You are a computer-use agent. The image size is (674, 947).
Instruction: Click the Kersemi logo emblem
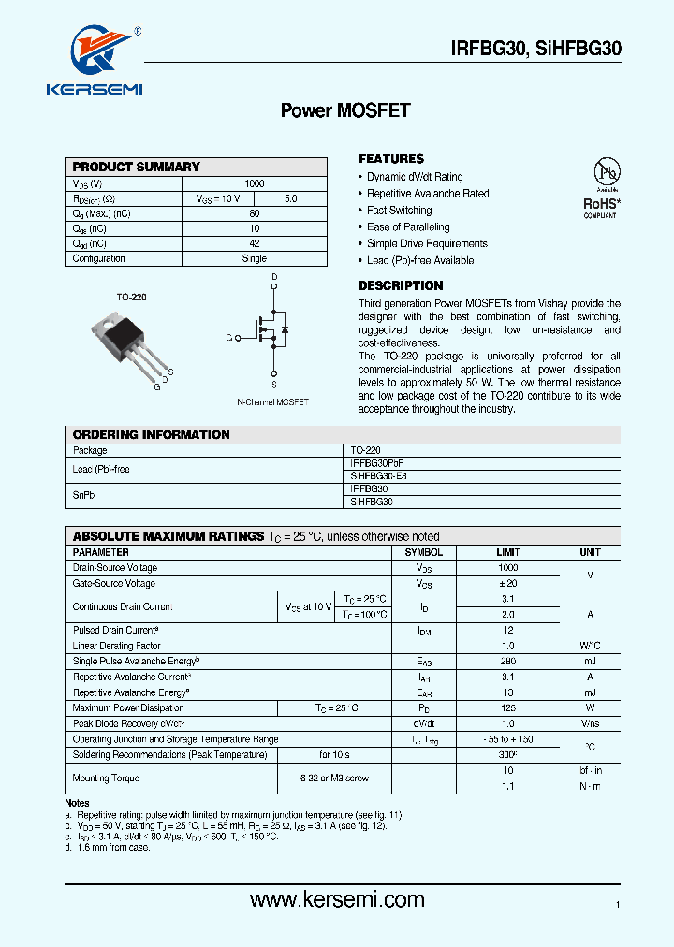coord(95,51)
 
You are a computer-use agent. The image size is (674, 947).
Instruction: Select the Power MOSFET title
coord(345,110)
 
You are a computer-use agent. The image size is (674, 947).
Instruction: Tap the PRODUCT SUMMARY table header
coord(137,167)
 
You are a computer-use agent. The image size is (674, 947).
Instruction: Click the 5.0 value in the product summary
coord(290,199)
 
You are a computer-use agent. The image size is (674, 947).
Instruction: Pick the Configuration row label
coord(98,259)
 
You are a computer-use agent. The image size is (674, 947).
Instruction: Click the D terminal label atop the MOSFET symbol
coord(274,278)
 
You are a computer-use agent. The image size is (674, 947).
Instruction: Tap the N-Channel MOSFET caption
coord(272,401)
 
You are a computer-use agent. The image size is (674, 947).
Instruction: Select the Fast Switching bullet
coord(399,211)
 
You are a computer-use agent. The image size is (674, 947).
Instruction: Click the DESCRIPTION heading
coord(401,285)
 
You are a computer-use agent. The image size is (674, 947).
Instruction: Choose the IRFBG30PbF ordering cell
coord(377,463)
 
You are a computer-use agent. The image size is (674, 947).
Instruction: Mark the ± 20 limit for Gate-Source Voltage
coord(508,584)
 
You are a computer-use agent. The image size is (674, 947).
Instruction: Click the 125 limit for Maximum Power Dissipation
coord(508,708)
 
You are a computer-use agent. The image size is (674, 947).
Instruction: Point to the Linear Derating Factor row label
coord(117,646)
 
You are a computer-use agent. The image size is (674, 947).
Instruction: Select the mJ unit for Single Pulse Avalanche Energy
coord(589,662)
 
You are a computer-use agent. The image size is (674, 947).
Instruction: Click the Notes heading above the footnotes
coord(77,804)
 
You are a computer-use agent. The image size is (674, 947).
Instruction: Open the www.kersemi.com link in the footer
coord(337,900)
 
